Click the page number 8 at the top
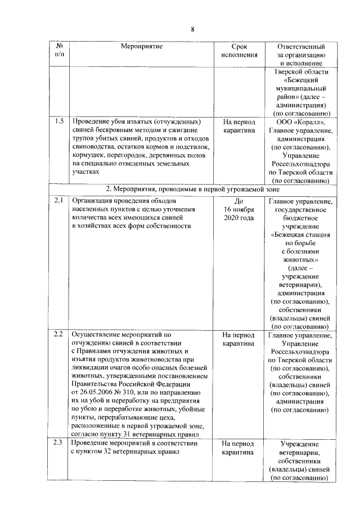[192, 29]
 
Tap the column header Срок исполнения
[239, 51]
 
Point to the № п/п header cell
[59, 51]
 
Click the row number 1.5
[59, 121]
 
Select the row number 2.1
[59, 200]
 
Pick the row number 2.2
[59, 335]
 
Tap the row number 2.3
[59, 444]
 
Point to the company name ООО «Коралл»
[300, 122]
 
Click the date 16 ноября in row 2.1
[239, 209]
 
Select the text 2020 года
[239, 217]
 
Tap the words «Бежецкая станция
[300, 235]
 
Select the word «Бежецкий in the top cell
[300, 80]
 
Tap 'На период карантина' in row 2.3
[239, 448]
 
